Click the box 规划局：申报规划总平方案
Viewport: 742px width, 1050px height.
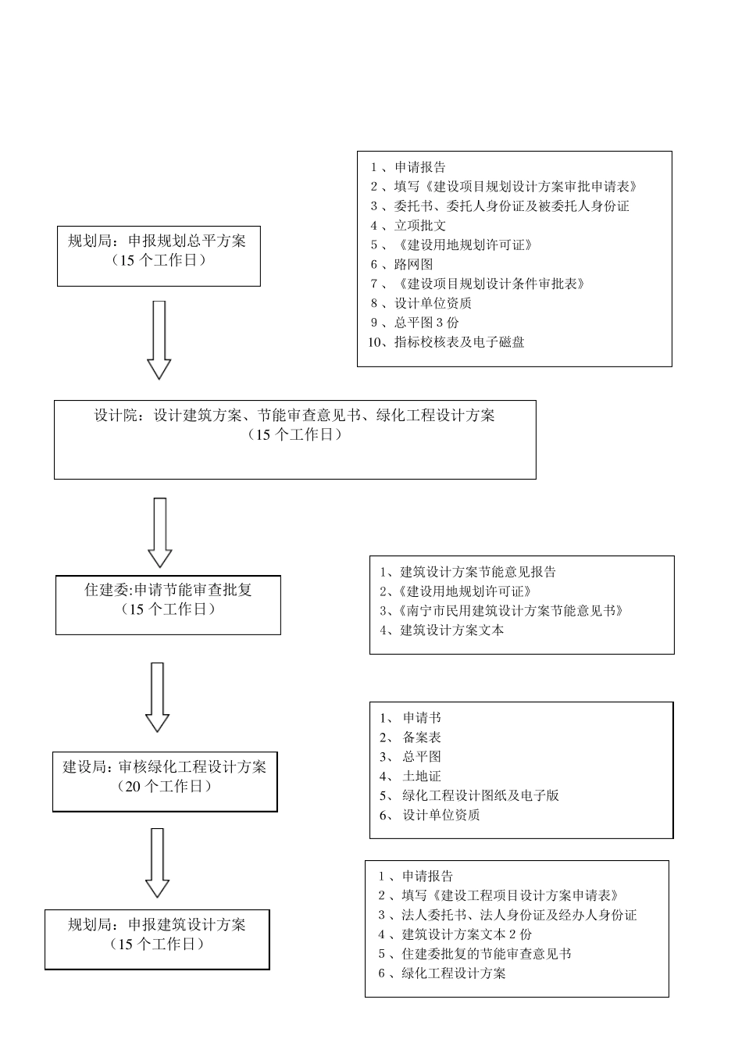[x=159, y=256]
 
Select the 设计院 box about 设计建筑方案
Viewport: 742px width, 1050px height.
[x=294, y=439]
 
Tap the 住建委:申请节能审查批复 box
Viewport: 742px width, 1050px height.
[x=168, y=605]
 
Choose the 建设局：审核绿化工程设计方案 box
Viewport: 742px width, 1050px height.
[x=165, y=782]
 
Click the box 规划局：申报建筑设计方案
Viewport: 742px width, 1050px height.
[x=157, y=939]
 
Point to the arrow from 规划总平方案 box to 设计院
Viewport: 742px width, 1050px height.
[x=159, y=340]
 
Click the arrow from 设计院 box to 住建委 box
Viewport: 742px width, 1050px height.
[x=160, y=532]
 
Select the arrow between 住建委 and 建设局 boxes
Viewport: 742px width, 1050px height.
[x=158, y=697]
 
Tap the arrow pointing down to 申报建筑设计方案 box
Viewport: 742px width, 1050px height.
[x=158, y=862]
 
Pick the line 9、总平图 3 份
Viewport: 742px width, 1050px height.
[x=416, y=323]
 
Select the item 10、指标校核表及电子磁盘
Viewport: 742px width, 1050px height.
[x=446, y=342]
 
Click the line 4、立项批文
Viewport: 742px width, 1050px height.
[x=408, y=226]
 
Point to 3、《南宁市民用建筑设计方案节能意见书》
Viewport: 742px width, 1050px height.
[x=501, y=611]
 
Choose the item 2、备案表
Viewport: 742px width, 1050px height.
[x=411, y=737]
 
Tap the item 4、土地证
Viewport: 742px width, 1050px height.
[x=411, y=777]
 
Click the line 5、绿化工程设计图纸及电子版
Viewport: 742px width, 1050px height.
[x=469, y=796]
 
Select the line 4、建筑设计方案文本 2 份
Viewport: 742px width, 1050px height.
[x=455, y=934]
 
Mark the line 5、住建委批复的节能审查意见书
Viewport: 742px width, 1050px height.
[x=475, y=954]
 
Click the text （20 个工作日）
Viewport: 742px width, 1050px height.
[x=165, y=787]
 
